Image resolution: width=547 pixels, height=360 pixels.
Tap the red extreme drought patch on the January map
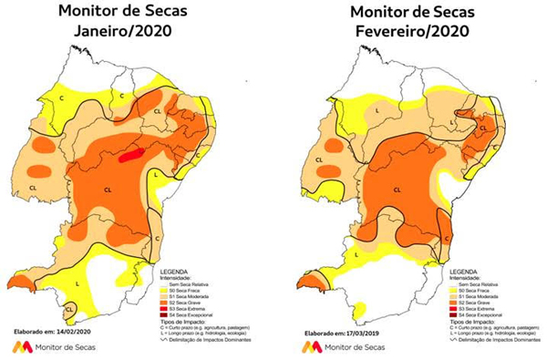[131, 155]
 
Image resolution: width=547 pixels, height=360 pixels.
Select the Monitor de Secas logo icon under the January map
[16, 347]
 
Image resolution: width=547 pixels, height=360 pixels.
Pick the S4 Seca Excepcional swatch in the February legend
[446, 312]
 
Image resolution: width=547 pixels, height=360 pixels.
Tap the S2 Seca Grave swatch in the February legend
[446, 297]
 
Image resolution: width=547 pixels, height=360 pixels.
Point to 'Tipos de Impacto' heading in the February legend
[469, 321]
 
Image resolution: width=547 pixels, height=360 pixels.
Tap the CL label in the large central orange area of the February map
[397, 189]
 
